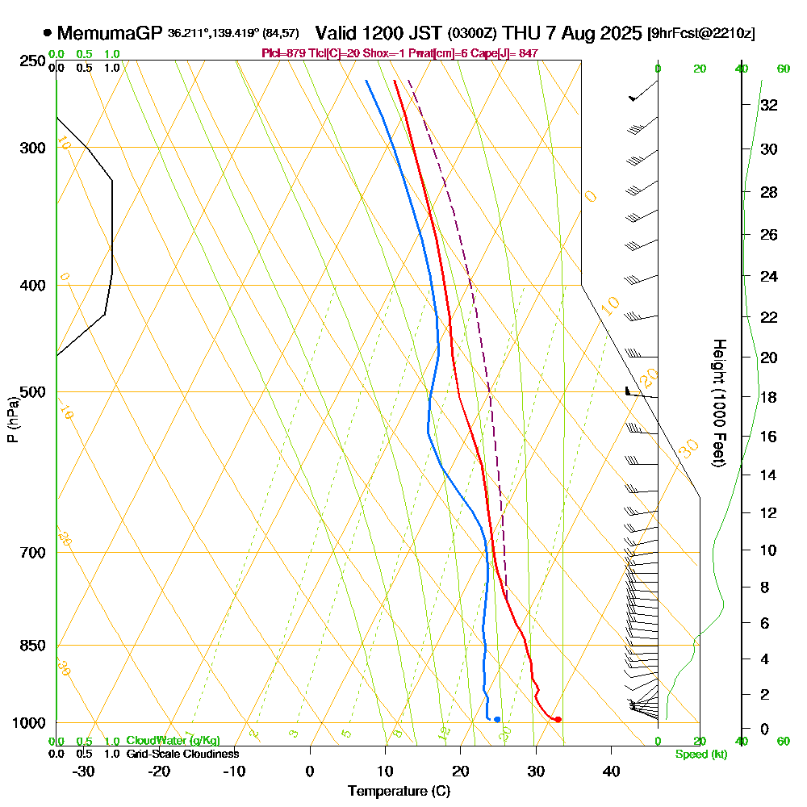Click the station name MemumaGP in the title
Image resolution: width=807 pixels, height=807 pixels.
pyautogui.click(x=111, y=33)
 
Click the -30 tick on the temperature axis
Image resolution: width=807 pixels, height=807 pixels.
pyautogui.click(x=84, y=771)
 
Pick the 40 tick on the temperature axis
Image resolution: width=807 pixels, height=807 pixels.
pyautogui.click(x=612, y=771)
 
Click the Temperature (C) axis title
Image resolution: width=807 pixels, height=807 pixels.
pyautogui.click(x=398, y=791)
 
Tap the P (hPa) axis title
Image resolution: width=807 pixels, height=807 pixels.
pyautogui.click(x=13, y=419)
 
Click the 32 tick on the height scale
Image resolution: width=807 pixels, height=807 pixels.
pyautogui.click(x=768, y=105)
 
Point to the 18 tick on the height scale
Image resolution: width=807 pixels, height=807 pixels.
pyautogui.click(x=768, y=397)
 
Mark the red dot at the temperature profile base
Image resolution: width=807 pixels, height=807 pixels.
pyautogui.click(x=558, y=719)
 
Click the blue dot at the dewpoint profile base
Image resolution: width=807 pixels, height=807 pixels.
pyautogui.click(x=497, y=719)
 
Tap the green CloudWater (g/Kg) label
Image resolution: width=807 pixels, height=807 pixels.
pyautogui.click(x=173, y=741)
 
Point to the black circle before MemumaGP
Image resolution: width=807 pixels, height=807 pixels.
pyautogui.click(x=48, y=33)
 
